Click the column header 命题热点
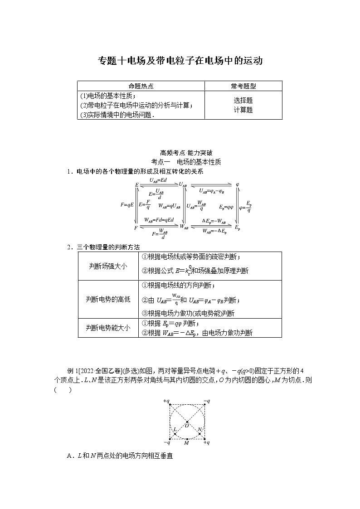pos(141,86)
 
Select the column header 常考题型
pos(243,86)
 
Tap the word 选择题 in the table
pos(243,101)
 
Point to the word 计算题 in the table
pos(243,110)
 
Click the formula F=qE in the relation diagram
pos(127,205)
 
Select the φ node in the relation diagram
pos(237,184)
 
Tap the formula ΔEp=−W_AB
pos(214,221)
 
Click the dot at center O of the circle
pos(187,422)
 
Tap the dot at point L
pos(175,434)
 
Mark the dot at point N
pos(199,434)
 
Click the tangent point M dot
pos(187,439)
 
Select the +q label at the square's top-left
pos(166,401)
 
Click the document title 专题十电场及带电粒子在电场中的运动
pos(180,61)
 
